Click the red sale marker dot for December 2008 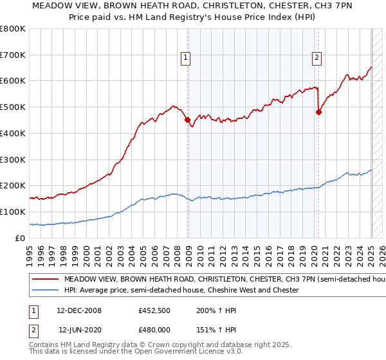[187, 120]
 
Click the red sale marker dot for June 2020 [318, 112]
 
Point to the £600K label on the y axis [13, 81]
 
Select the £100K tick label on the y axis [13, 212]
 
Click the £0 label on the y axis [19, 238]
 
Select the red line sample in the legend [46, 280]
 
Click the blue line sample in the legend [46, 290]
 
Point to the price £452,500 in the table [154, 310]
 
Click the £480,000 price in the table [154, 329]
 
